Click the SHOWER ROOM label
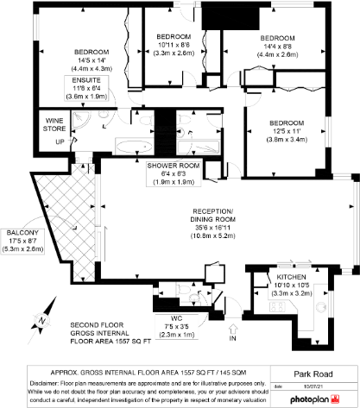[174, 164]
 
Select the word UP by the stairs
[35, 141]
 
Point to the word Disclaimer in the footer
[23, 380]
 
